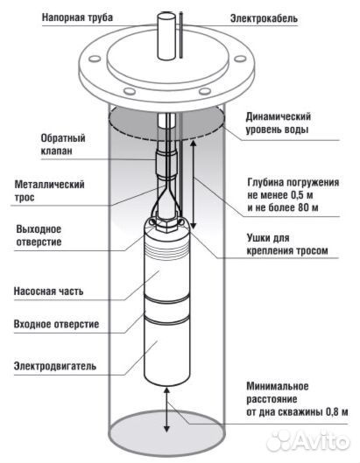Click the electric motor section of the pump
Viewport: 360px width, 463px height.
pyautogui.click(x=166, y=350)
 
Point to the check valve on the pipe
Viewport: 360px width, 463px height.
pyautogui.click(x=166, y=162)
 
